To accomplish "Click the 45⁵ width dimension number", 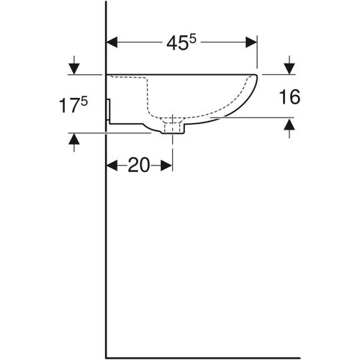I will coord(181,43).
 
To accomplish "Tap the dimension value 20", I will coord(139,165).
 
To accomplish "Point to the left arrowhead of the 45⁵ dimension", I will coord(112,43).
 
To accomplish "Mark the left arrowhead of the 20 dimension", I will coord(112,165).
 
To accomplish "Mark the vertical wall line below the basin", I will coord(106,252).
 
